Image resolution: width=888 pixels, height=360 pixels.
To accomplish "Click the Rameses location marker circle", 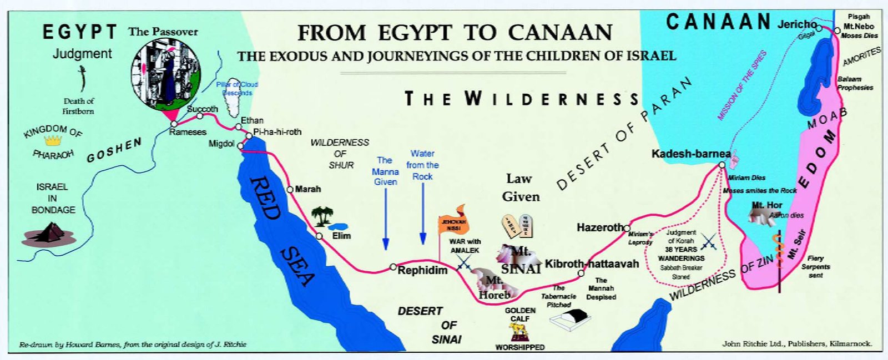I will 174,124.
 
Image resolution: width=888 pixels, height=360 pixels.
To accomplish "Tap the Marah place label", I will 307,189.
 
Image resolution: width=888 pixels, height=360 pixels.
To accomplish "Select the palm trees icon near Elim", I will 322,216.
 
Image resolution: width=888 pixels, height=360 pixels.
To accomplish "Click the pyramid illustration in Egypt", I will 48,234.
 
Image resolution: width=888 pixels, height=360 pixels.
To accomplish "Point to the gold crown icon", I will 53,141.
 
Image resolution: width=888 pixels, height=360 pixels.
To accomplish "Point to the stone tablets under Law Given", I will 518,226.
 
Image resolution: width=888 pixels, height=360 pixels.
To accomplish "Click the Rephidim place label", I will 422,270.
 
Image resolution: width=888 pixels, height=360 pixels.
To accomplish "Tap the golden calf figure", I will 519,331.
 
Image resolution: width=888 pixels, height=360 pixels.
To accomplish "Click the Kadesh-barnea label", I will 690,154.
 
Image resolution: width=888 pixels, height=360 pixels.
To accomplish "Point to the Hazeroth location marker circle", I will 627,228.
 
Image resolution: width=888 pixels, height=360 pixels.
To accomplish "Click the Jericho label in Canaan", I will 796,24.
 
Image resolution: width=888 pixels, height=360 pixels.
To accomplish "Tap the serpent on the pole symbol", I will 779,252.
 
